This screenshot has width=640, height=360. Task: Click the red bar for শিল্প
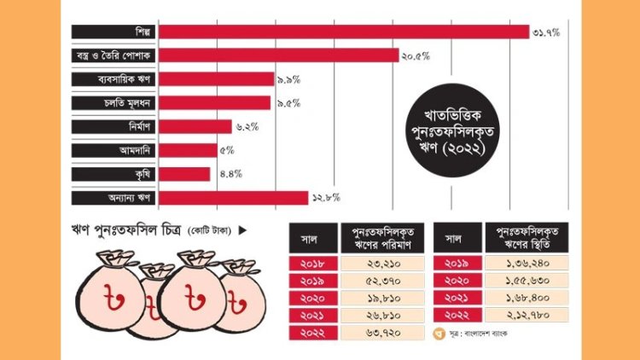click(344, 32)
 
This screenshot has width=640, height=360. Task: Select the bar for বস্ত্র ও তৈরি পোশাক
click(279, 55)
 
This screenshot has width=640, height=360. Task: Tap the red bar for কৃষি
click(184, 174)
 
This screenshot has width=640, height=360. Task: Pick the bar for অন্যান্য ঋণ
click(233, 198)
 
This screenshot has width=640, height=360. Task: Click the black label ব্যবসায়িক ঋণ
click(113, 79)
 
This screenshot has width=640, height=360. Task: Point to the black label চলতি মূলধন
click(113, 103)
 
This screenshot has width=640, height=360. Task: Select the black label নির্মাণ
click(113, 127)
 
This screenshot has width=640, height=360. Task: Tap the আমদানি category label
click(113, 150)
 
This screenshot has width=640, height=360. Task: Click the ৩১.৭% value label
click(546, 32)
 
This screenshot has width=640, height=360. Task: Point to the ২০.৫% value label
click(416, 55)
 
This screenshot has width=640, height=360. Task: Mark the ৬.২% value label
click(246, 127)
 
